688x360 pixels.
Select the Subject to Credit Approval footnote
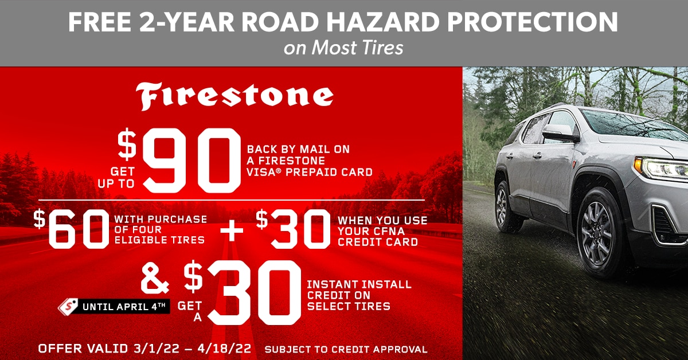346,349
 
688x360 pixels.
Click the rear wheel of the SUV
503,206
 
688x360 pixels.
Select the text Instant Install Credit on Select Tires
359,295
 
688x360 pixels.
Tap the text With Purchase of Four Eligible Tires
160,229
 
